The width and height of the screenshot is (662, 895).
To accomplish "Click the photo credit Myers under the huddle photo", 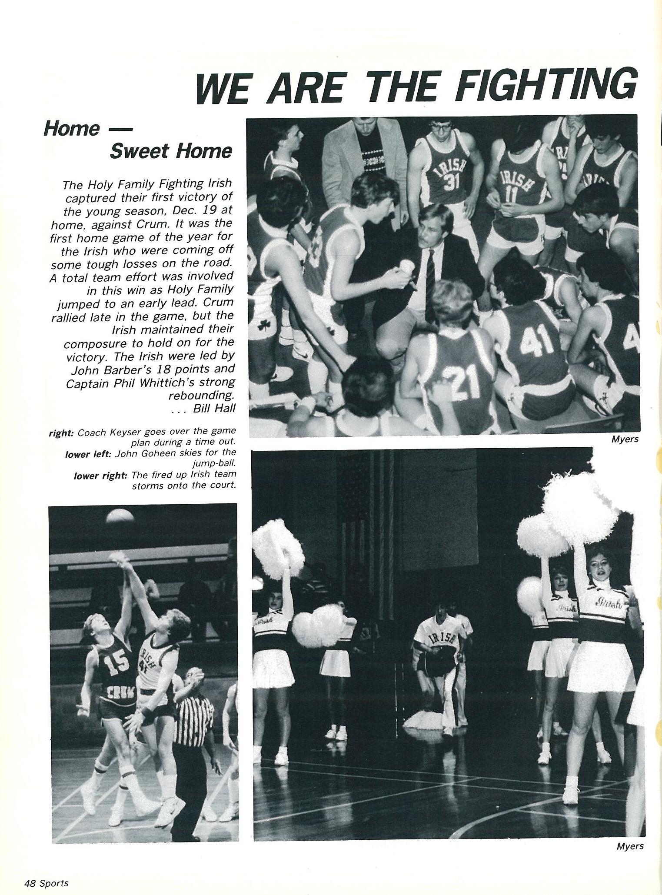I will [x=625, y=439].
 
